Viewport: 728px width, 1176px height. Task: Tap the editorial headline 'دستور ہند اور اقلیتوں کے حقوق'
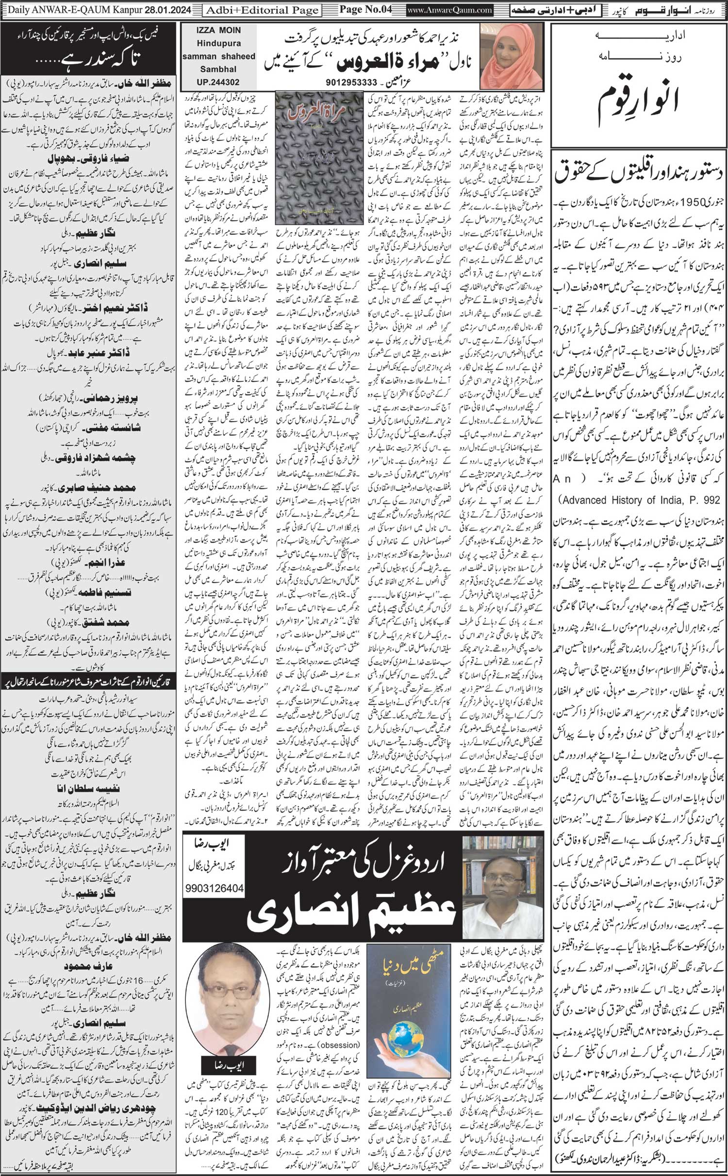641,172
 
